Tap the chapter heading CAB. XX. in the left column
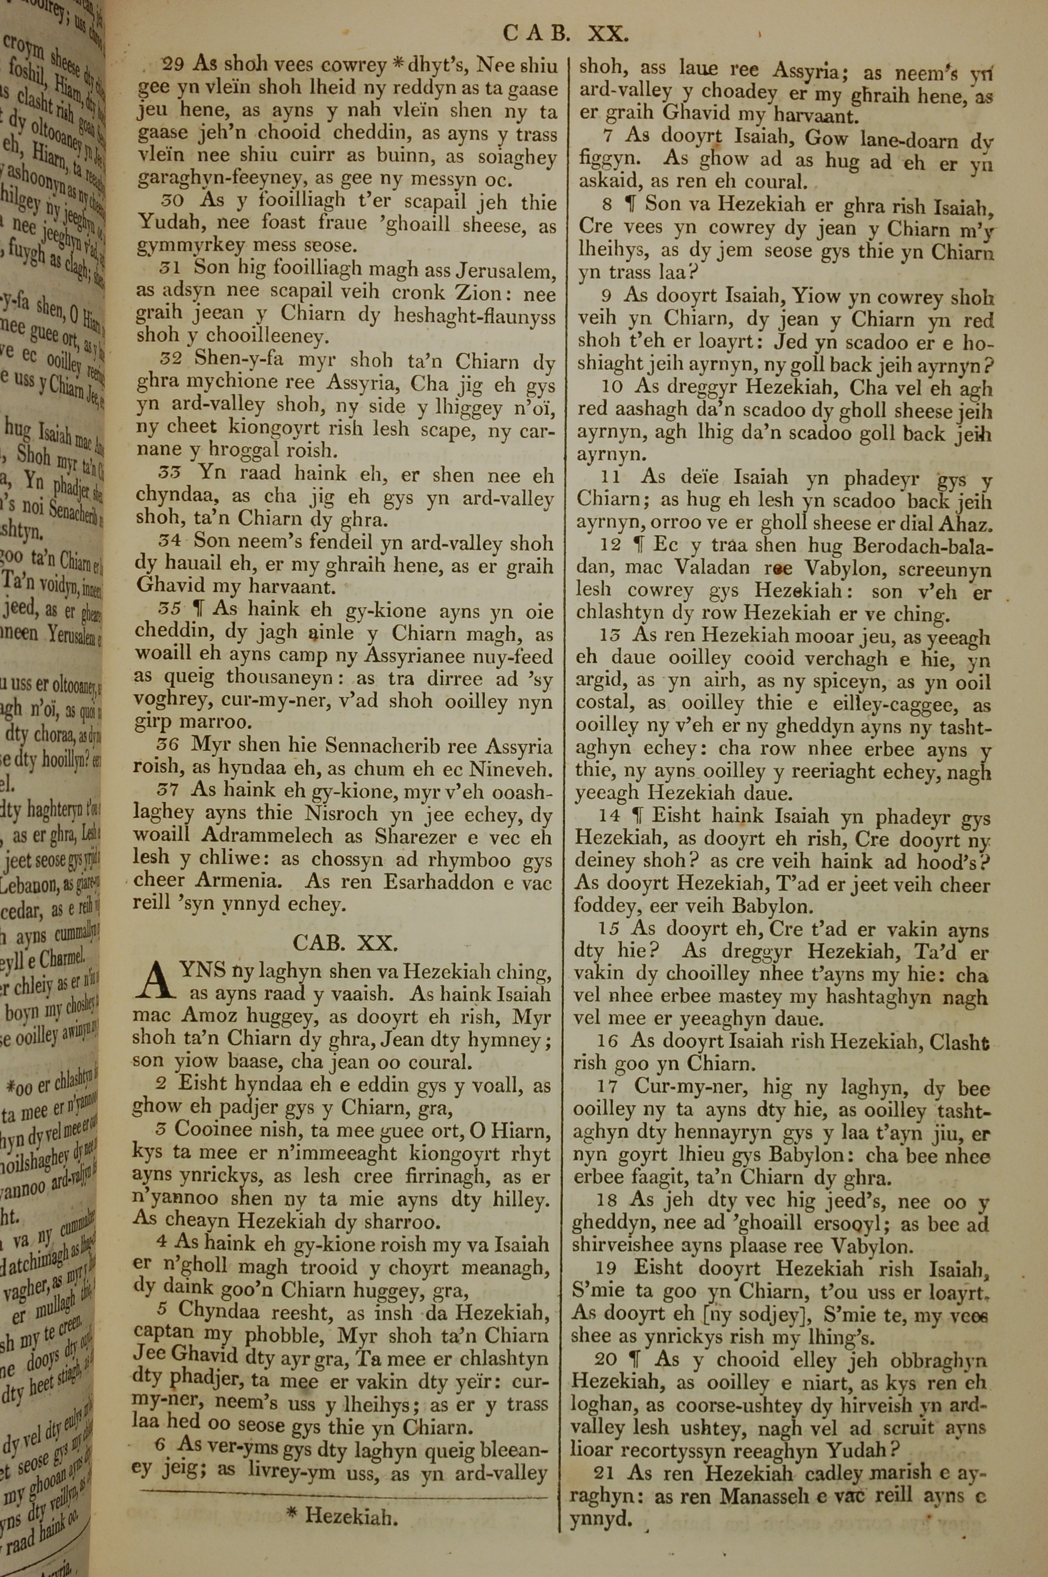(345, 942)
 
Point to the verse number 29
(172, 65)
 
